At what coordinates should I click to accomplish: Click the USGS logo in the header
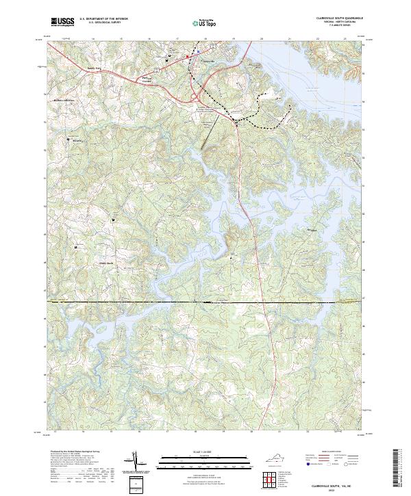point(62,22)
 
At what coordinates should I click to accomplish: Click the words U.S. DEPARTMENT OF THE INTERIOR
point(103,19)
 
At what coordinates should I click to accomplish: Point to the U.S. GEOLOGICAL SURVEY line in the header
point(103,23)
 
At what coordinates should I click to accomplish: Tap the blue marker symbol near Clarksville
point(197,51)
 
